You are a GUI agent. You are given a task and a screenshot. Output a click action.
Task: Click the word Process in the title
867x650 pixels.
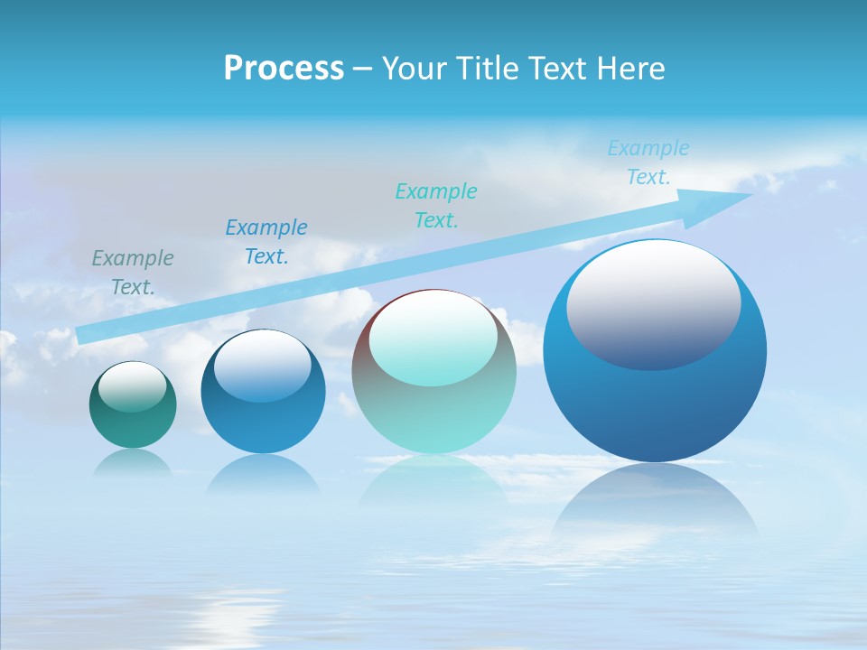point(284,69)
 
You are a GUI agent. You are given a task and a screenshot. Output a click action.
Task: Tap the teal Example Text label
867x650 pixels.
point(436,205)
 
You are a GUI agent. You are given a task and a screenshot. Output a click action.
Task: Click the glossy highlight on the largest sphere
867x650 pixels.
point(653,305)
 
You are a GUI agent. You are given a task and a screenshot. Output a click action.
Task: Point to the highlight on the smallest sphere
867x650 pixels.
point(133,386)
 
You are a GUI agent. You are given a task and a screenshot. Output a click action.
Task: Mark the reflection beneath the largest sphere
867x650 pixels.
point(655,501)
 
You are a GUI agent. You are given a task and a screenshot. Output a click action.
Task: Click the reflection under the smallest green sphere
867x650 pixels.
point(133,462)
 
